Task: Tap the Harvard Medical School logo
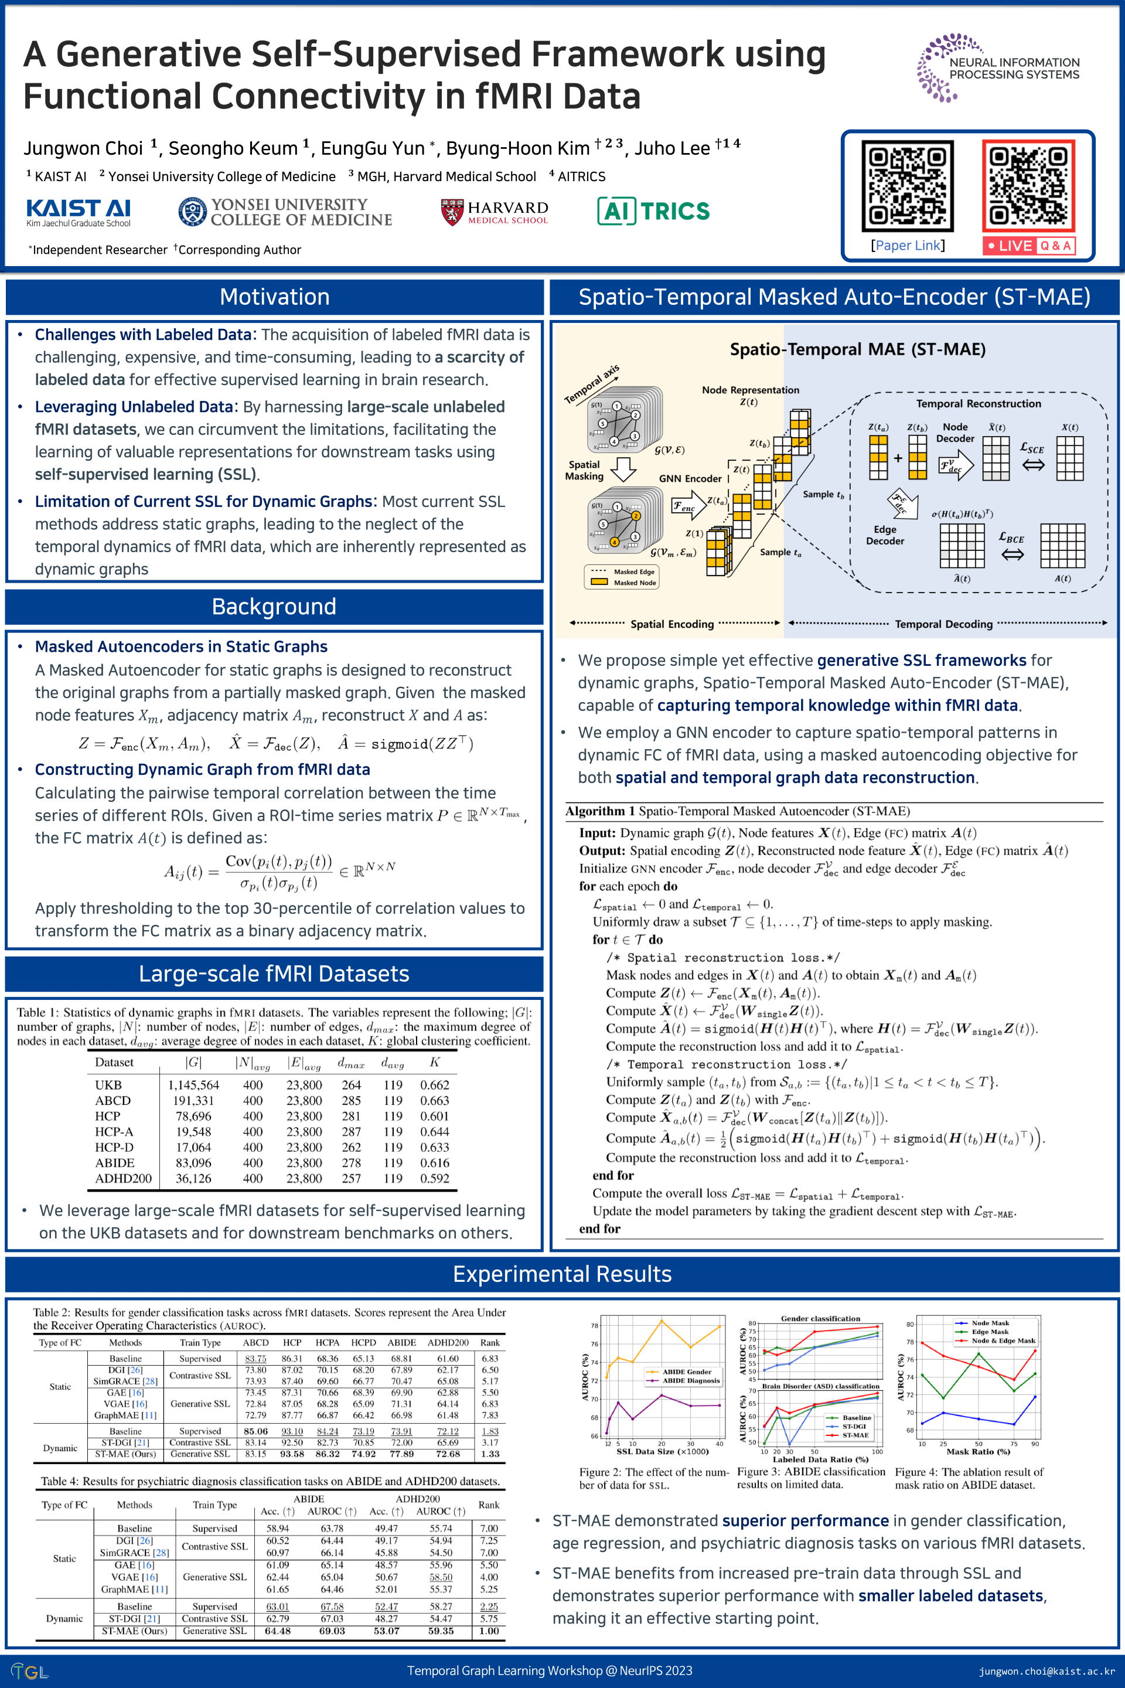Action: point(495,212)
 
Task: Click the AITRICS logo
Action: point(653,211)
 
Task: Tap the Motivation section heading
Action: point(274,297)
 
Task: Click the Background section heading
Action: point(274,607)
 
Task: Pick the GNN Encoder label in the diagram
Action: point(690,479)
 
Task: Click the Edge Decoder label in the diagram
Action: point(885,535)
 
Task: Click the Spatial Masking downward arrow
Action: point(623,470)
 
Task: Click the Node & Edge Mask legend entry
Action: point(1003,1340)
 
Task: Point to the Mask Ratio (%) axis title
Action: point(978,1451)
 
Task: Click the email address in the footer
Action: point(1047,1671)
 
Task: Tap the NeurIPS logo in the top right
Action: point(997,68)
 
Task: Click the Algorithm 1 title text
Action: point(737,811)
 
